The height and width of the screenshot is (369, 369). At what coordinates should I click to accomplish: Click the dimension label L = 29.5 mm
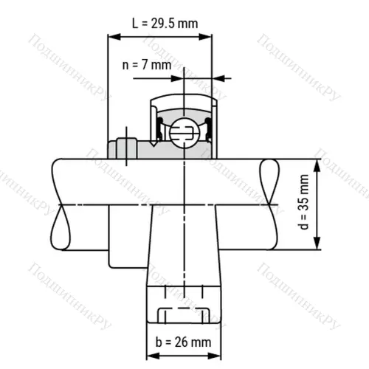[164, 23]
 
